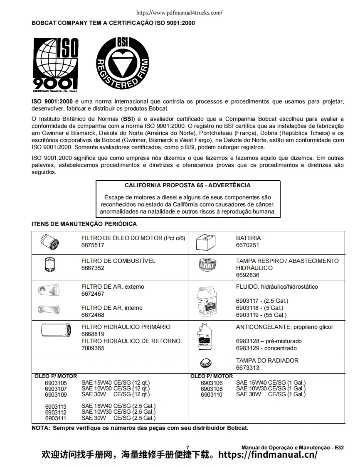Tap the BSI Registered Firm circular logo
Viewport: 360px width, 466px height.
tap(122, 63)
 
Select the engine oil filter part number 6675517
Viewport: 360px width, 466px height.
tap(93, 245)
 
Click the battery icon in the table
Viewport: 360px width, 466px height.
tap(205, 242)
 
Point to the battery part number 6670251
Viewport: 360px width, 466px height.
tap(247, 245)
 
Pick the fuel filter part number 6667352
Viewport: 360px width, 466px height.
tap(93, 268)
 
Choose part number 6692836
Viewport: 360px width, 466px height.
tap(247, 275)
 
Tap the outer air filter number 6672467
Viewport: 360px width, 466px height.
tap(93, 294)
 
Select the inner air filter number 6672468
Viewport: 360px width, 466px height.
tap(93, 315)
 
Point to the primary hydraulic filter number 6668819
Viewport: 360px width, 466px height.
tap(93, 334)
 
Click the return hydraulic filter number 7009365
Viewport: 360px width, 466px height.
tap(93, 348)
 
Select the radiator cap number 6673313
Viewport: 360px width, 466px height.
tap(247, 368)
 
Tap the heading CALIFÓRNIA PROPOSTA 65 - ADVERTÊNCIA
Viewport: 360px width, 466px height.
tap(187, 186)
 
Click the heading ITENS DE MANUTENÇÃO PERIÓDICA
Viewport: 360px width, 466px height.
tap(84, 224)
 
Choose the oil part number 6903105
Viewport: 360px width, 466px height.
tap(55, 383)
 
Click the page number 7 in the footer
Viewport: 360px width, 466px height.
tap(187, 447)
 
